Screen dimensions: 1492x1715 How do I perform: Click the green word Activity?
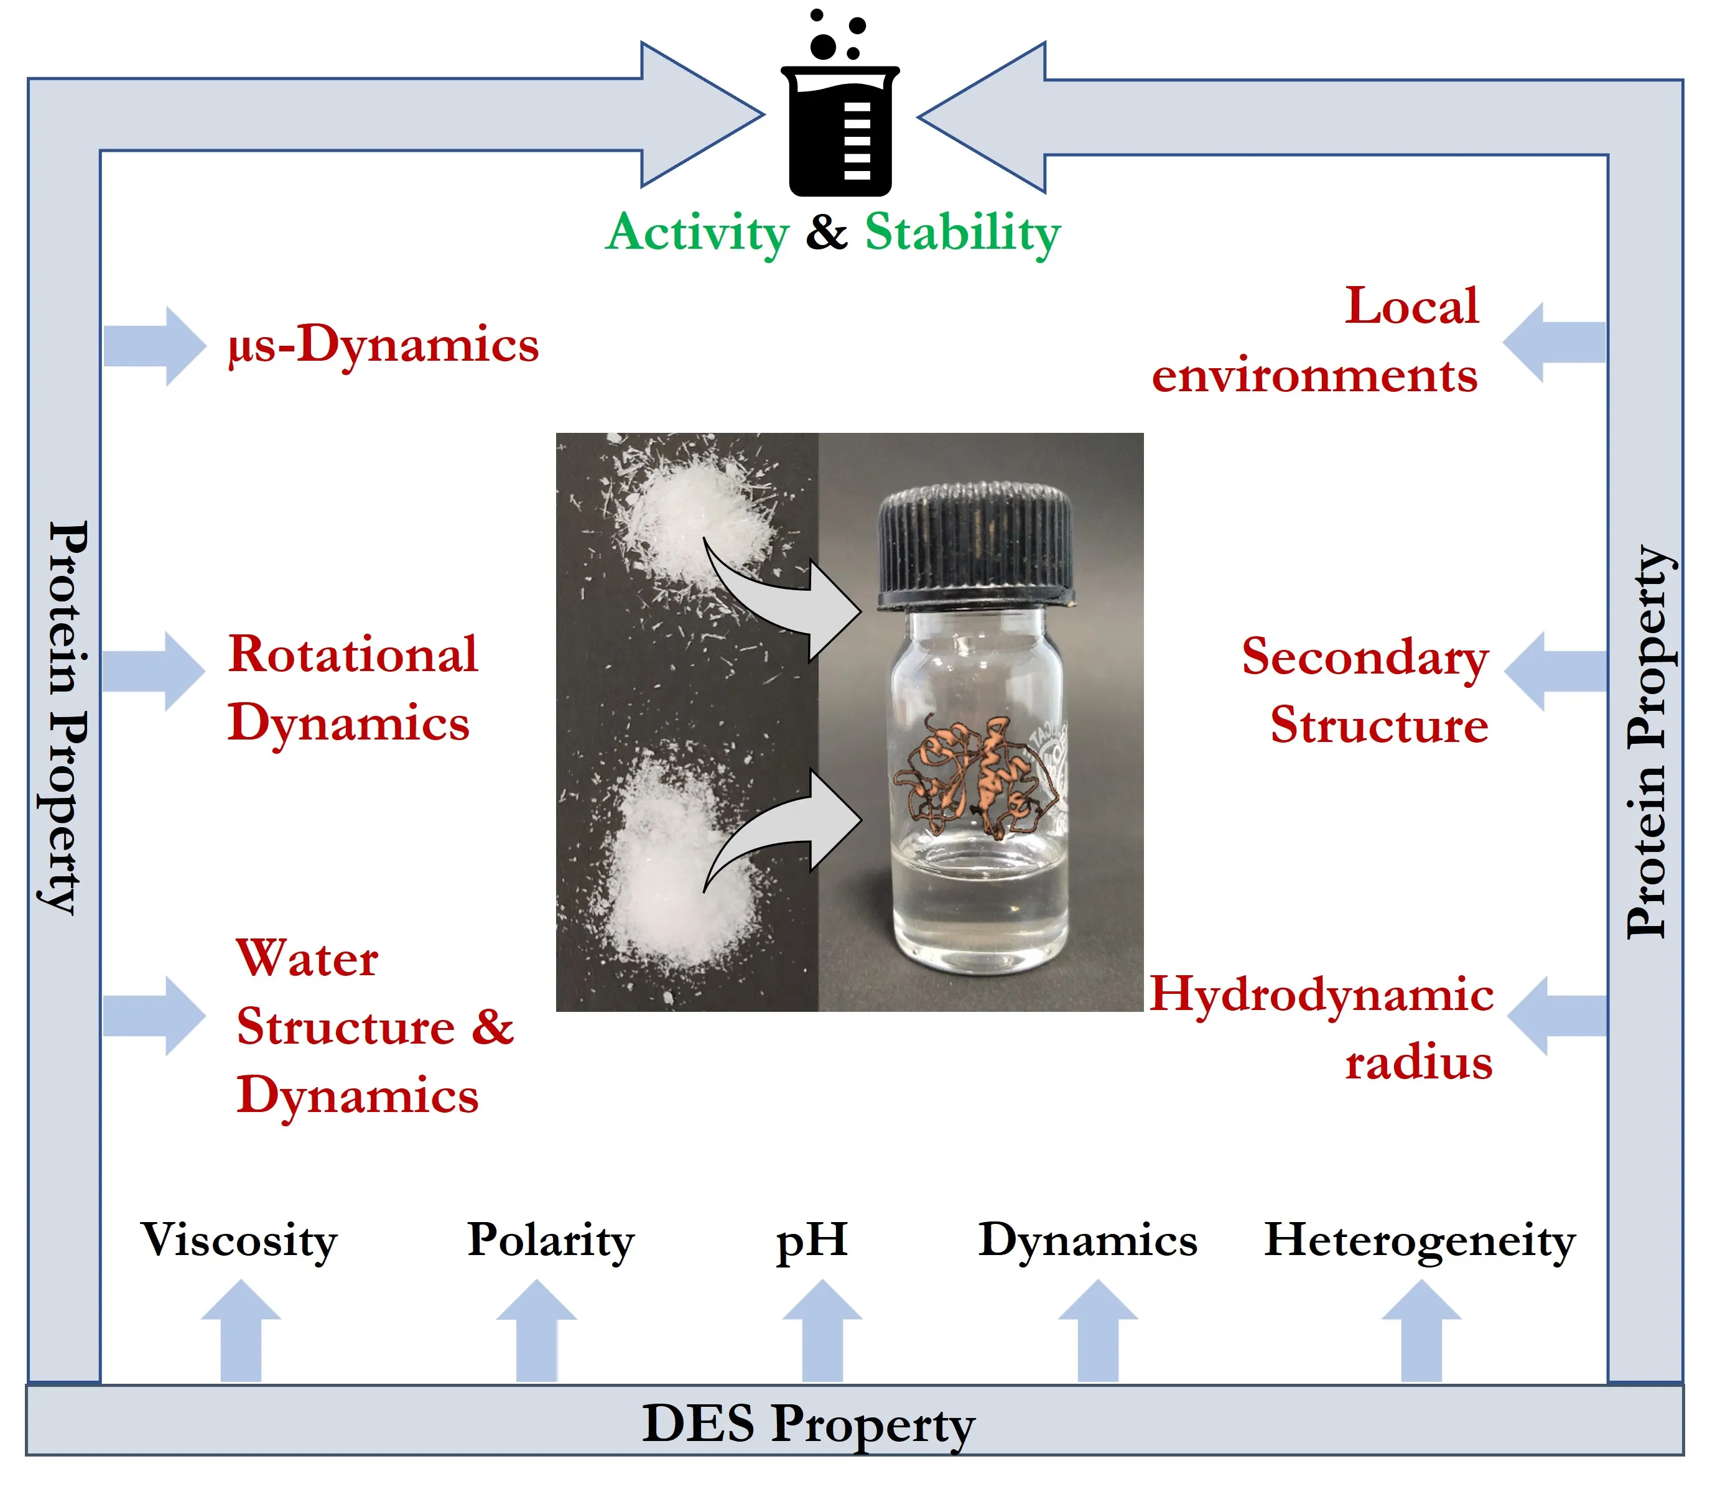coord(697,233)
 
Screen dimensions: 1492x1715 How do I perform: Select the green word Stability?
coord(962,233)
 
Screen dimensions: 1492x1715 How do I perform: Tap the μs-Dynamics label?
coord(384,345)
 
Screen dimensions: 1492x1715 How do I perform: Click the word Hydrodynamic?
coord(1321,996)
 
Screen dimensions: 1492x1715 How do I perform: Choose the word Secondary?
coord(1364,658)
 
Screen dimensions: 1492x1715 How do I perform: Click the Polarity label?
coord(551,1241)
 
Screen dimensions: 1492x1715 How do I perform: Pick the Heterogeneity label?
coord(1420,1241)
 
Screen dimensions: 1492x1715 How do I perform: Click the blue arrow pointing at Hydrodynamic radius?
coord(1555,1017)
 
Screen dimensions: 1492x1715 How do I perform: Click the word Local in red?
coord(1412,307)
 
